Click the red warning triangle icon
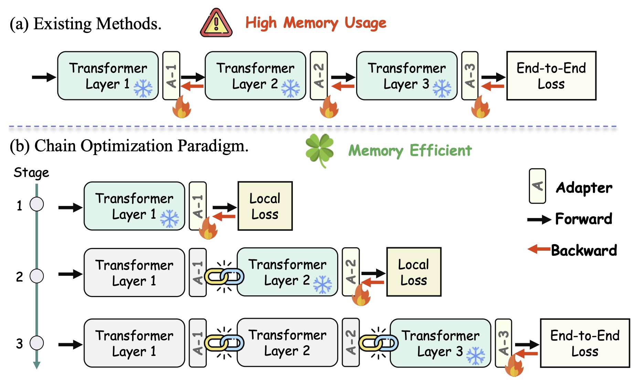216,23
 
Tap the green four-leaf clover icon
320,150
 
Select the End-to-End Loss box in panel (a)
551,76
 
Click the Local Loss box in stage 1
265,206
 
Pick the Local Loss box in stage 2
414,272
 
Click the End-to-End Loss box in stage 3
585,343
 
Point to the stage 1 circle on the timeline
37,204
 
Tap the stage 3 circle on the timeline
37,342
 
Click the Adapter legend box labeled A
537,186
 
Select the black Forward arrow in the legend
539,219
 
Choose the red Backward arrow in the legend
539,249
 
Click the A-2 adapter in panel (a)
319,76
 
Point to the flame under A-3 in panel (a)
480,107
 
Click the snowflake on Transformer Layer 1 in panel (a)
143,89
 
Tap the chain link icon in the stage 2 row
224,276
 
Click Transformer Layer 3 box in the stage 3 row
440,343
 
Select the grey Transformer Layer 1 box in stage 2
134,272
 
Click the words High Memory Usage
316,23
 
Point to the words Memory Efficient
410,151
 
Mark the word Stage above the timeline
31,173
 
